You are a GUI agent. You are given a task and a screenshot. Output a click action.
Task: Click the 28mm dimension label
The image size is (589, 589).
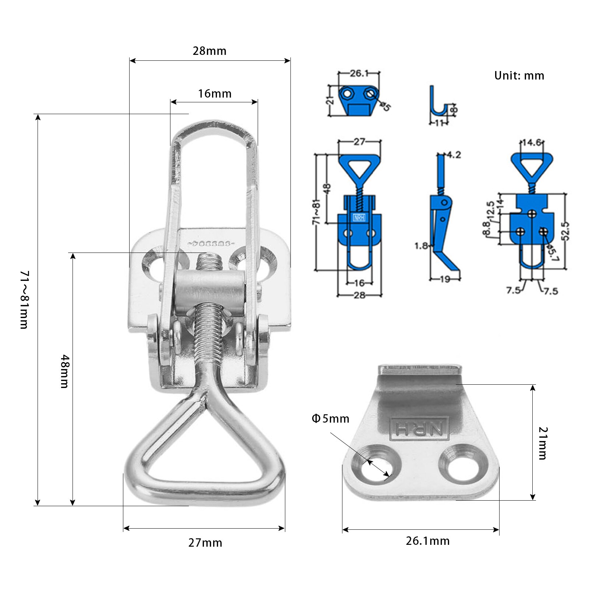pos(209,51)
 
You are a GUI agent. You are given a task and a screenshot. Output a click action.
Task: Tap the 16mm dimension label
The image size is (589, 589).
pos(215,94)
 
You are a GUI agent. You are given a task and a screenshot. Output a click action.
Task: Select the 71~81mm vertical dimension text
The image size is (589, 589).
pos(24,299)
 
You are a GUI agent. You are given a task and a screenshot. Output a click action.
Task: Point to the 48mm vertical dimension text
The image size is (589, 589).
pos(64,371)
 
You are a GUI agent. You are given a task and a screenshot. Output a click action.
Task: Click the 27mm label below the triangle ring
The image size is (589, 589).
pos(205,543)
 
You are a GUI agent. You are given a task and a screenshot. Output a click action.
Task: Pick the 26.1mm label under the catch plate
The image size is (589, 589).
pos(427,541)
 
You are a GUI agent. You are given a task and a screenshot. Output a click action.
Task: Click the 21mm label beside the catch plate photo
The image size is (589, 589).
pos(543,443)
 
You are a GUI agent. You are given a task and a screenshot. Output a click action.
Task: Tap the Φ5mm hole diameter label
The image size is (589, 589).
pos(330,419)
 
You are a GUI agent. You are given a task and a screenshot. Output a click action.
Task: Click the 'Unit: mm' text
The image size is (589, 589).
pos(519,75)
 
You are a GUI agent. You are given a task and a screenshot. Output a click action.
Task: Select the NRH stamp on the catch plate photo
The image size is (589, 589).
pos(419,428)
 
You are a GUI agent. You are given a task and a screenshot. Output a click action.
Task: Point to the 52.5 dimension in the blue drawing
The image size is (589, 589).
pos(565,231)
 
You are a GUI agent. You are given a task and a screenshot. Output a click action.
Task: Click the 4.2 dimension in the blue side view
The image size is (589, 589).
pos(454,155)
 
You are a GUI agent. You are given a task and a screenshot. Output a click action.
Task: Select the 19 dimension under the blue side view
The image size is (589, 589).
pos(445,279)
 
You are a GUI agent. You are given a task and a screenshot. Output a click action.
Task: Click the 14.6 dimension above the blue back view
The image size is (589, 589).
pos(532,142)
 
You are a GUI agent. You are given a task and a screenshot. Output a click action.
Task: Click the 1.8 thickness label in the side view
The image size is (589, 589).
pos(421,246)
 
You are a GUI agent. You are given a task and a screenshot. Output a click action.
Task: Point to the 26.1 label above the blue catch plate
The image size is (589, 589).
pos(359,73)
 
